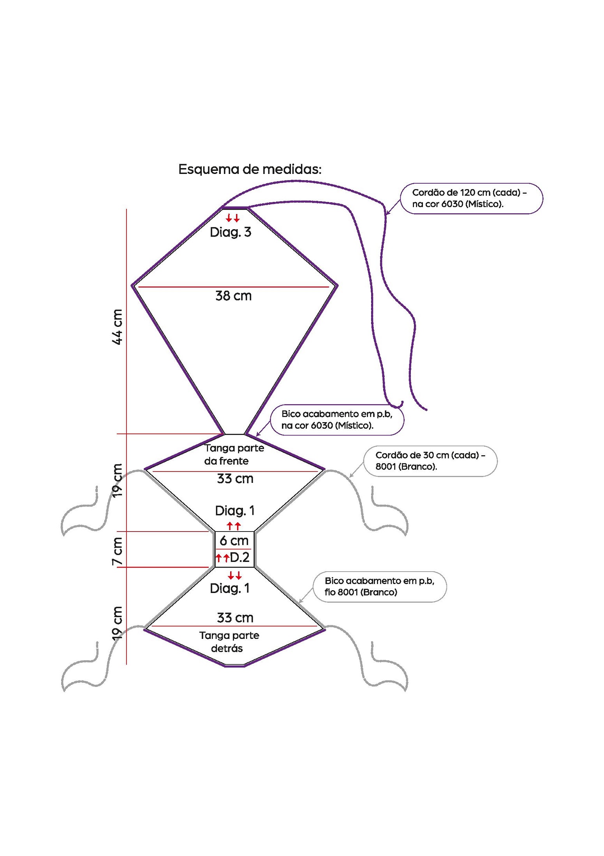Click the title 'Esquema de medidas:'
[250, 169]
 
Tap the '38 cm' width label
[233, 296]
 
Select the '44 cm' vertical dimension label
[117, 327]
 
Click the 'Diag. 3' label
[231, 232]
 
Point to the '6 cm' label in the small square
[234, 540]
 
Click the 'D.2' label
[239, 557]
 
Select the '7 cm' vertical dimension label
[117, 551]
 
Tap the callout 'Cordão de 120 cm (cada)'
[471, 198]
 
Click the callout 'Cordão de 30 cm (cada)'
[430, 461]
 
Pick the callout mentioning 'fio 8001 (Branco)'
[380, 586]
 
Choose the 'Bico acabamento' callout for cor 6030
[337, 419]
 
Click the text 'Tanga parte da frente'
[234, 454]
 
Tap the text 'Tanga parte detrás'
[229, 642]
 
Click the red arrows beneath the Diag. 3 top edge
[233, 218]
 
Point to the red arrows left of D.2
[222, 558]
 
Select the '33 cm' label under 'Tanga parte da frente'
[235, 479]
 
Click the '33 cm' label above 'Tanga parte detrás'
[235, 617]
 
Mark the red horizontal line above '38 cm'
[234, 287]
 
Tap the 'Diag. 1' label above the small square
[235, 510]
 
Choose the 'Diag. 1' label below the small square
[230, 588]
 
